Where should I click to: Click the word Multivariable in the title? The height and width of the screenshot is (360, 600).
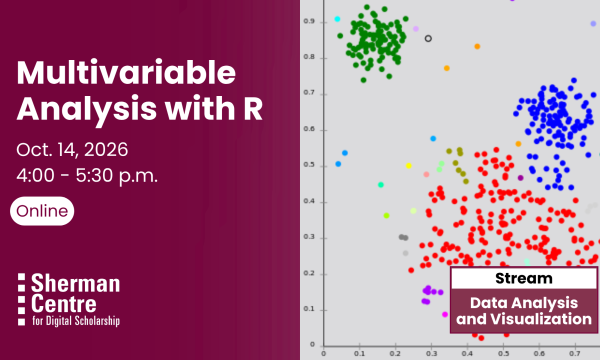[126, 73]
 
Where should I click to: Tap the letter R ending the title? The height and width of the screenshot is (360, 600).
[253, 109]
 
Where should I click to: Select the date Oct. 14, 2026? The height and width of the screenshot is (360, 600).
[72, 150]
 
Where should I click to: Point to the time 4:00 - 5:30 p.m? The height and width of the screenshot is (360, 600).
[87, 176]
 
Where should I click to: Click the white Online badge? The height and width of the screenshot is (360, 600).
[42, 211]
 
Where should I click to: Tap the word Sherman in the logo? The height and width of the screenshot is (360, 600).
[75, 283]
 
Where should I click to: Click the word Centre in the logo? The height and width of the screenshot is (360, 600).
[64, 304]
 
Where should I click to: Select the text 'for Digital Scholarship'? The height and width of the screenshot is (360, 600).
[76, 320]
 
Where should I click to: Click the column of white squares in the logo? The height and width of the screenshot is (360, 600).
[21, 300]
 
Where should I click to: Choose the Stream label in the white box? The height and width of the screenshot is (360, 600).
[523, 279]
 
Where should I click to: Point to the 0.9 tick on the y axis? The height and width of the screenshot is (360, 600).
[309, 21]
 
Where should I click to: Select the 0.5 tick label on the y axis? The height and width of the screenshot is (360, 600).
[309, 165]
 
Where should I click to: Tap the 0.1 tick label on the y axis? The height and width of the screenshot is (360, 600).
[309, 309]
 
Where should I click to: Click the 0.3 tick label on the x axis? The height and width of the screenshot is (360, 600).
[431, 353]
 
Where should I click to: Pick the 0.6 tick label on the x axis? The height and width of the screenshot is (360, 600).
[539, 353]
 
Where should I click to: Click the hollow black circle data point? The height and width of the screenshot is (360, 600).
[428, 38]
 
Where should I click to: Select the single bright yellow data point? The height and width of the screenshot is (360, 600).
[409, 166]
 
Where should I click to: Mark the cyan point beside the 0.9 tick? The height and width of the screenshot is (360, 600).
[337, 19]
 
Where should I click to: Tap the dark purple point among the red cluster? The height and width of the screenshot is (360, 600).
[520, 178]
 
